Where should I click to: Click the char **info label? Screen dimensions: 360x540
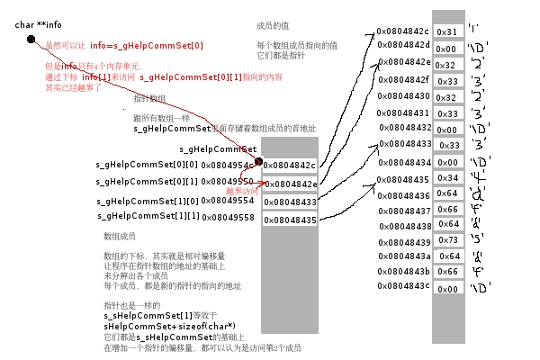tap(37, 23)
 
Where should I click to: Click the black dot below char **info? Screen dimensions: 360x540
tap(31, 40)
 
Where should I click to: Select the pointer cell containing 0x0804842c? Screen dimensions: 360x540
tap(290, 166)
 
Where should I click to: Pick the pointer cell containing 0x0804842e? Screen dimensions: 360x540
tap(290, 184)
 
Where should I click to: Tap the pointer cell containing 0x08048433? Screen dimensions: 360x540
tap(290, 202)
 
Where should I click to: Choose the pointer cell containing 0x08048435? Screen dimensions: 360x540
tap(290, 220)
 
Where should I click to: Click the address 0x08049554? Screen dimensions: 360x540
tap(228, 201)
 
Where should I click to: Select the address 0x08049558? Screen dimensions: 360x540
tap(228, 218)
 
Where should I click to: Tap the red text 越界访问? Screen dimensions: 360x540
tap(241, 191)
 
